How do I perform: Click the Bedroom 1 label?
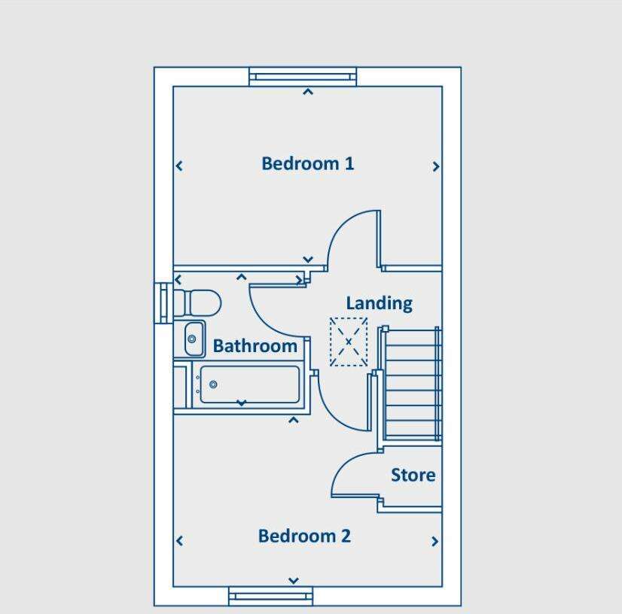click(x=307, y=164)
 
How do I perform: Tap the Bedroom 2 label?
click(x=304, y=536)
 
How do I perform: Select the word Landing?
click(x=380, y=304)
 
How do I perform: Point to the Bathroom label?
click(x=255, y=346)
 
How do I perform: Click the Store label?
click(x=413, y=475)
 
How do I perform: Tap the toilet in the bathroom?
click(x=197, y=302)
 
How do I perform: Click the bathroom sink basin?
click(x=194, y=339)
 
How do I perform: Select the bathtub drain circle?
click(x=213, y=384)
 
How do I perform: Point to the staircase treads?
click(x=413, y=383)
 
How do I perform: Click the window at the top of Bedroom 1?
click(x=303, y=77)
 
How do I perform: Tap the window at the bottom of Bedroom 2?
click(x=270, y=596)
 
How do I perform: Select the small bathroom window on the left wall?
click(x=163, y=303)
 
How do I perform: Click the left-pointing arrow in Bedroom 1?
click(x=179, y=166)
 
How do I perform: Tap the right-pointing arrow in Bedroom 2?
click(x=434, y=541)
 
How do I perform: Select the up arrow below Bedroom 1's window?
click(x=308, y=92)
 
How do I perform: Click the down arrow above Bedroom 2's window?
click(x=294, y=581)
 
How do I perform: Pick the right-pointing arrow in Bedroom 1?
click(x=436, y=166)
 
